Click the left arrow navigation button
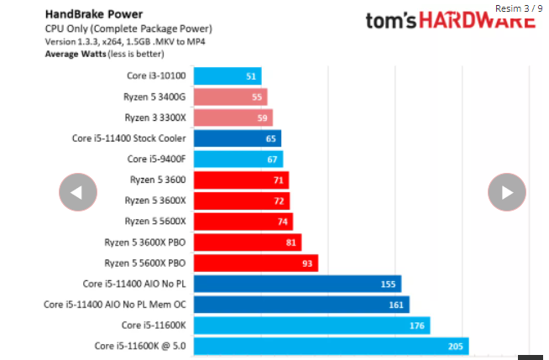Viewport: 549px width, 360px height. (x=77, y=192)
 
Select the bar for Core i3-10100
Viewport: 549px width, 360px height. (x=227, y=76)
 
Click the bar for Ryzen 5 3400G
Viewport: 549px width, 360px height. (x=230, y=97)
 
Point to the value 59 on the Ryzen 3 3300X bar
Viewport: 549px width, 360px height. (x=262, y=118)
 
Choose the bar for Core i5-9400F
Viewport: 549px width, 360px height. (x=238, y=159)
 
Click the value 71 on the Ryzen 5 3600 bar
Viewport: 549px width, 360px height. (x=278, y=180)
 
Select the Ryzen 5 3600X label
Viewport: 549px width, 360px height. (x=156, y=201)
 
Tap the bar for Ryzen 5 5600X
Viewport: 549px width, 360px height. (x=243, y=222)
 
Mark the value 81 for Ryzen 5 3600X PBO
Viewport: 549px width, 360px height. (x=290, y=243)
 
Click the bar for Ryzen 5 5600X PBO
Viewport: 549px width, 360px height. (x=256, y=263)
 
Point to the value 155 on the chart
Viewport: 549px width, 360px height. (x=388, y=284)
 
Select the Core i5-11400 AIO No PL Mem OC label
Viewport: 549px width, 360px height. (x=116, y=305)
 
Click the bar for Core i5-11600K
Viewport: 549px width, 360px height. (x=311, y=326)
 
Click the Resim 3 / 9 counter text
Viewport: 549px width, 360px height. (x=519, y=8)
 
